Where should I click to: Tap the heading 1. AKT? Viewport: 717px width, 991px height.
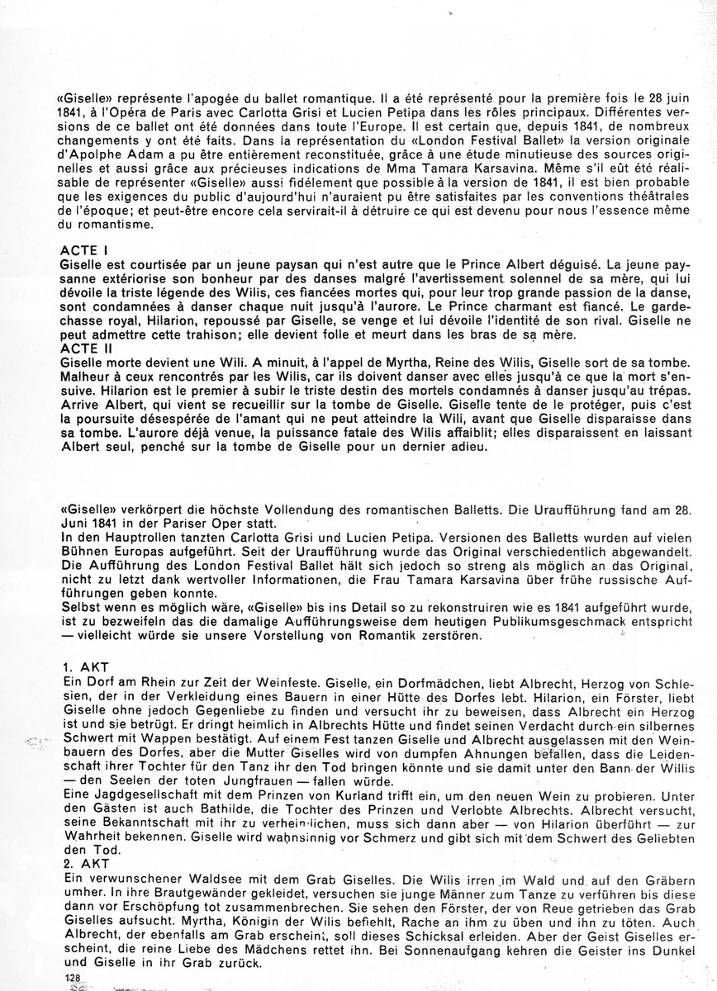click(83, 664)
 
